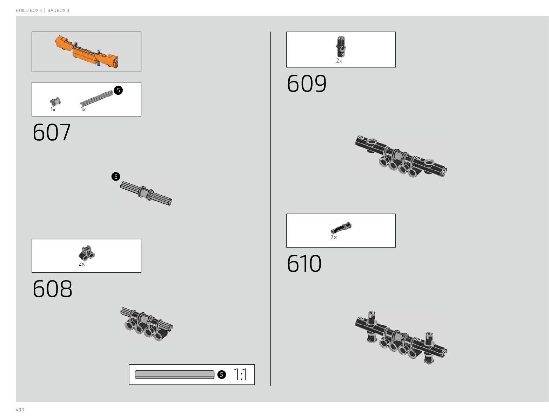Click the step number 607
click(52, 133)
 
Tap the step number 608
click(52, 289)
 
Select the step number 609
click(307, 84)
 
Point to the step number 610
click(304, 264)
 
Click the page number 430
click(20, 410)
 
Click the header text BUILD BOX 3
click(29, 11)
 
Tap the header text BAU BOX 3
click(58, 11)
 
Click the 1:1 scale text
click(240, 375)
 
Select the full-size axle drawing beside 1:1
click(174, 374)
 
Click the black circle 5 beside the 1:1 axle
click(221, 374)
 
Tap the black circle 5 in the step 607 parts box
click(118, 90)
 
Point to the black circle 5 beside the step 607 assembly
click(116, 177)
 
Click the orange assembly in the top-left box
click(86, 52)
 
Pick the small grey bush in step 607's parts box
click(55, 102)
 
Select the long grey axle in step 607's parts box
click(97, 99)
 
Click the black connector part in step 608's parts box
click(86, 253)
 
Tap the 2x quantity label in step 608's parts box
click(82, 264)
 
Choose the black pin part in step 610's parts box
click(341, 228)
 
